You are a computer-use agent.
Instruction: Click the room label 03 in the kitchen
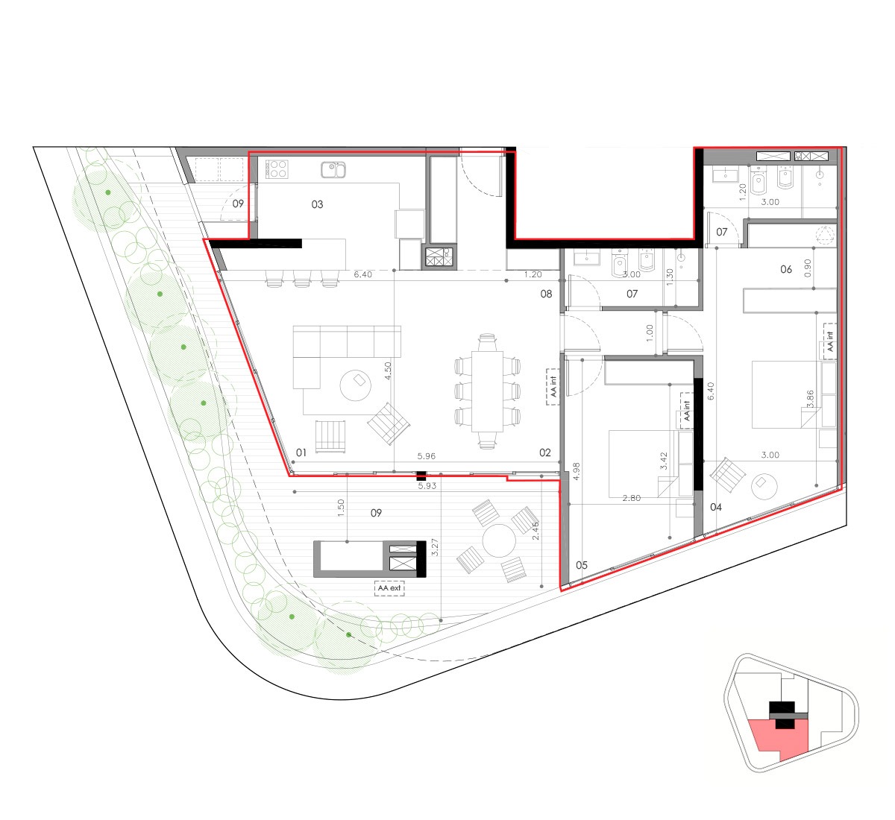[317, 204]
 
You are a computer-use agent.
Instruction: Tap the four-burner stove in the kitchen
[277, 169]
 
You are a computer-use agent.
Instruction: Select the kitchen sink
[333, 169]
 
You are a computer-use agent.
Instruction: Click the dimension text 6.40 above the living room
[362, 274]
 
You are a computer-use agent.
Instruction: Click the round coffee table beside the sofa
[356, 385]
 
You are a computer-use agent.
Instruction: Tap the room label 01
[301, 452]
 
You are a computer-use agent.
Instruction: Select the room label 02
[544, 452]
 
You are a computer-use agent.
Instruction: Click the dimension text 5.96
[427, 456]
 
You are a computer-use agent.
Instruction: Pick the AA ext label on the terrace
[389, 588]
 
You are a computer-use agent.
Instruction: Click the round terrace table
[499, 540]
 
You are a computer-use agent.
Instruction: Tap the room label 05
[581, 565]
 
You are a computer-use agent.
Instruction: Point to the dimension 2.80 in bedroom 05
[631, 498]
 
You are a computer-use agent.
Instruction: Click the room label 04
[716, 507]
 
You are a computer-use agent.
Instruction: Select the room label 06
[786, 269]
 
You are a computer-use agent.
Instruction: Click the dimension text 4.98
[576, 471]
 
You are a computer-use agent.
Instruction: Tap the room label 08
[546, 294]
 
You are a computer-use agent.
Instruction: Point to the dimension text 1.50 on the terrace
[341, 508]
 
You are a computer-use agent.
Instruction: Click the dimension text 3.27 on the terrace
[435, 547]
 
